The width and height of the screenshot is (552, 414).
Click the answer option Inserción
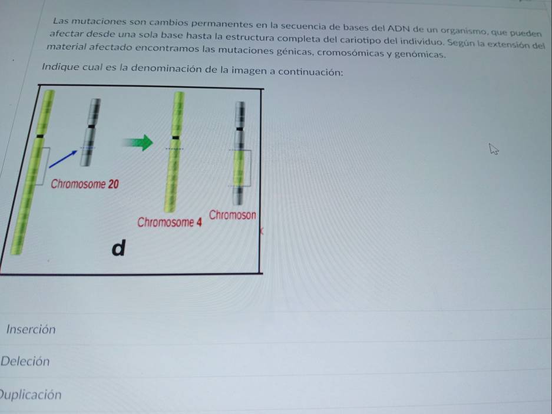point(31,329)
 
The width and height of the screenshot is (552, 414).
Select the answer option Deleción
point(25,361)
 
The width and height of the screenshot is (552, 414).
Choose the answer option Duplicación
point(31,395)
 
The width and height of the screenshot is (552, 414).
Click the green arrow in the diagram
point(138,143)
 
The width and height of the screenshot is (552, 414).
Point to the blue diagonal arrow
point(63,159)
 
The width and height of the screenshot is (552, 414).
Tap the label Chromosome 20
point(85,184)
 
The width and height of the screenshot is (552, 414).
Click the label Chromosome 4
point(169,222)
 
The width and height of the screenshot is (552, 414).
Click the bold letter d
point(118,247)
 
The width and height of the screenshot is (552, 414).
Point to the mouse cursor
point(494,149)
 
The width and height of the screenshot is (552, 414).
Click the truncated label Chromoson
point(233,215)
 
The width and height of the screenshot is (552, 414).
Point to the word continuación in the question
point(310,72)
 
